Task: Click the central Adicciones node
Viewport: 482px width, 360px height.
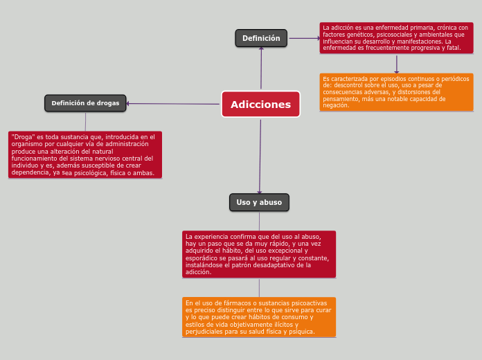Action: [260, 105]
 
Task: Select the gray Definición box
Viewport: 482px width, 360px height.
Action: [261, 38]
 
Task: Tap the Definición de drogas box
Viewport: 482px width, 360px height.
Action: [85, 103]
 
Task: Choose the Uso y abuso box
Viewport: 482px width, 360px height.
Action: [259, 202]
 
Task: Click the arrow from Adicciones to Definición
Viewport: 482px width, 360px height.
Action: [261, 68]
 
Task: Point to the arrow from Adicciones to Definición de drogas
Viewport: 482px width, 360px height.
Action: [172, 104]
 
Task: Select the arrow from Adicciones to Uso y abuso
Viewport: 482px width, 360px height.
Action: [260, 156]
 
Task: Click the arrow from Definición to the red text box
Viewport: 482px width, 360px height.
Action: [305, 39]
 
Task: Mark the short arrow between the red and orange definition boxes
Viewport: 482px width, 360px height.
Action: [397, 64]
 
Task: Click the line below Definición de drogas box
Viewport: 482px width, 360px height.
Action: [85, 122]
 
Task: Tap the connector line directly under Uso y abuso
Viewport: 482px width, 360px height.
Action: [259, 222]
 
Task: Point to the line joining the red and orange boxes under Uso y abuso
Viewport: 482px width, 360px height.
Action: [259, 288]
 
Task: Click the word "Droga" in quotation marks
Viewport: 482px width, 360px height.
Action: [23, 137]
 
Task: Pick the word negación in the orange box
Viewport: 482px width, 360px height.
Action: [336, 105]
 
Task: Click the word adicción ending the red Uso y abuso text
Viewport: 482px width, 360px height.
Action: [198, 272]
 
